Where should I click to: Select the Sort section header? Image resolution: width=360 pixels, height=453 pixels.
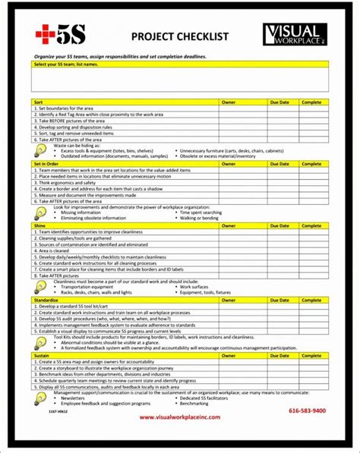pos(39,101)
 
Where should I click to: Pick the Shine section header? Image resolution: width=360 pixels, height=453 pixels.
pos(40,225)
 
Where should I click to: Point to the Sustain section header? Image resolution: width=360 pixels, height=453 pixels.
pos(43,355)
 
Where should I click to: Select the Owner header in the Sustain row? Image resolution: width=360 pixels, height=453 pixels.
pos(229,355)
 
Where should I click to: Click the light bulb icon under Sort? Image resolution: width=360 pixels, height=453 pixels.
pos(40,150)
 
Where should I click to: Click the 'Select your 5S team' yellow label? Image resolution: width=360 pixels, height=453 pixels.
pos(67,65)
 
